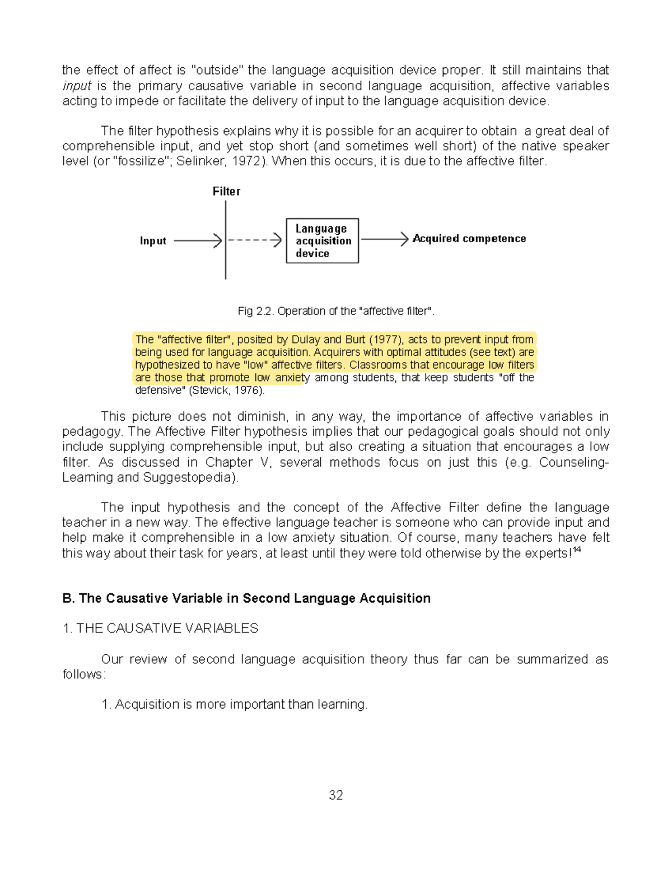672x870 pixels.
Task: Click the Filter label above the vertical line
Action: [x=226, y=192]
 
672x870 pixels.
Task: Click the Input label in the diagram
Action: [x=153, y=241]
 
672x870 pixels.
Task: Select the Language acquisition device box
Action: [x=323, y=241]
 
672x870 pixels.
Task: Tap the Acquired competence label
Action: [x=469, y=239]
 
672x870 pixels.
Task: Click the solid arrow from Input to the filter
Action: [x=198, y=241]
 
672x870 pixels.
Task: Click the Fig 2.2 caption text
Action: [x=336, y=311]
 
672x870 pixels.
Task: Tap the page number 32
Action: [x=336, y=795]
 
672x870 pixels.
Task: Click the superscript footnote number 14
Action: [x=577, y=550]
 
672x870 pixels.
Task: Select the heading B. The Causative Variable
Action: [x=246, y=598]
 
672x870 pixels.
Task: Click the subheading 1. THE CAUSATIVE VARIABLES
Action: [x=160, y=629]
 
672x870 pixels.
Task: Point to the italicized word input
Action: [x=77, y=86]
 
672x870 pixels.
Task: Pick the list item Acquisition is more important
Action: [x=235, y=704]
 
